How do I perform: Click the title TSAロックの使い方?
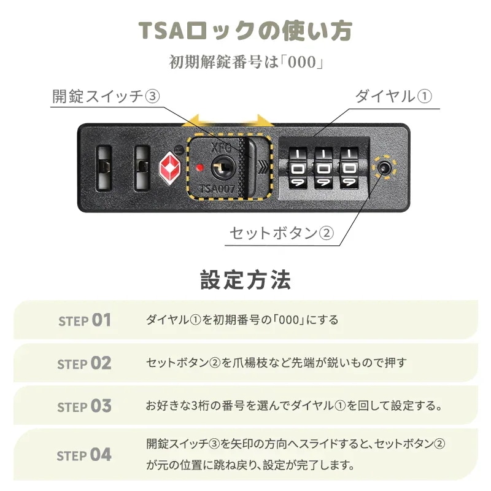(245, 31)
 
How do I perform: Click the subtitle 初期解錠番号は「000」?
(245, 63)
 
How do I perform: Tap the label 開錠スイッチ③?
(106, 96)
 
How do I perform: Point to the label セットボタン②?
(282, 234)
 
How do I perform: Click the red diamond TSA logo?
(169, 165)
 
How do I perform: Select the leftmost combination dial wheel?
(297, 167)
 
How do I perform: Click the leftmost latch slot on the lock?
(104, 166)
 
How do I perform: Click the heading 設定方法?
(245, 280)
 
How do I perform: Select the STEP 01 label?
(85, 320)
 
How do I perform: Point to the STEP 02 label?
(85, 363)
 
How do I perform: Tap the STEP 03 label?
(85, 407)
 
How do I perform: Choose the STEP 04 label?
(85, 455)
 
